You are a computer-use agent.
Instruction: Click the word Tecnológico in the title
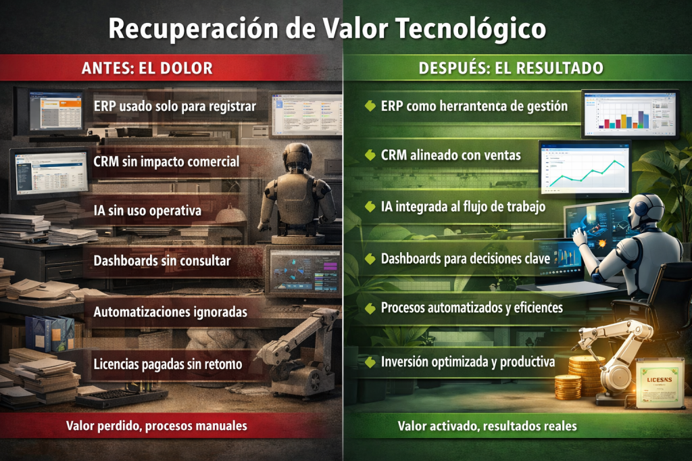(470, 29)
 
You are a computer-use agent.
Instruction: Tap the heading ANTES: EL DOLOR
(147, 68)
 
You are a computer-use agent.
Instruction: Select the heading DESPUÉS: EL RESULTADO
(511, 68)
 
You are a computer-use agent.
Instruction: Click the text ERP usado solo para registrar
(175, 106)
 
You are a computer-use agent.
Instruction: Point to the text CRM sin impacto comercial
(166, 162)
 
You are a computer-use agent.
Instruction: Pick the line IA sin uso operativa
(147, 211)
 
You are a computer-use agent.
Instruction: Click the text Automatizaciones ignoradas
(170, 312)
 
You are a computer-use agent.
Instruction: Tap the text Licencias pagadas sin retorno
(168, 364)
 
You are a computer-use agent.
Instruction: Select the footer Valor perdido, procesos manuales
(157, 426)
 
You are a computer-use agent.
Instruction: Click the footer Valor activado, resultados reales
(487, 426)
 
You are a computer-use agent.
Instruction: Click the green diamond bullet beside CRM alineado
(370, 155)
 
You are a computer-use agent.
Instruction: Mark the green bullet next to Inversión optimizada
(370, 362)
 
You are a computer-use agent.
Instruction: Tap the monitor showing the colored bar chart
(631, 114)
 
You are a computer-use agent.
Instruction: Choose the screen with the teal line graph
(585, 168)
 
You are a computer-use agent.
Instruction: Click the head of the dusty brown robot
(297, 157)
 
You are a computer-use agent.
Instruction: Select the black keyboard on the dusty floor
(121, 397)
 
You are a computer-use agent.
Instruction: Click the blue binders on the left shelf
(50, 333)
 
